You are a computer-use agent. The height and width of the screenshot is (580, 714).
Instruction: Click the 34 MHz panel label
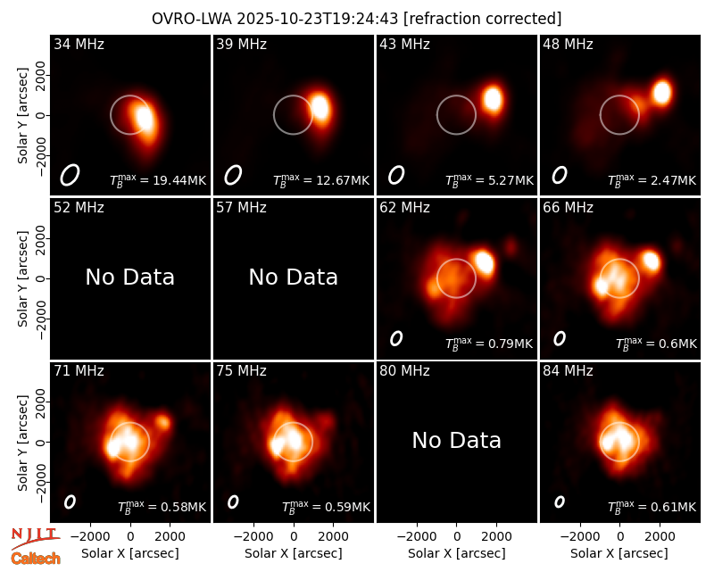coord(79,44)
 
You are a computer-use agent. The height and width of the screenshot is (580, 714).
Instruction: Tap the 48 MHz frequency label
coord(568,44)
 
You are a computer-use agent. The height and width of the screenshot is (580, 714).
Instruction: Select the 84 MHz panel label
coord(568,371)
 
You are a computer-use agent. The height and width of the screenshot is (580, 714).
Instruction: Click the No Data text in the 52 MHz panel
coord(129,277)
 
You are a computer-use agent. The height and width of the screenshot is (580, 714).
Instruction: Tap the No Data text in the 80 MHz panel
coord(456,440)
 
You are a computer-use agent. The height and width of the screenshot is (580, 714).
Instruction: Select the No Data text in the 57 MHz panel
coord(294,277)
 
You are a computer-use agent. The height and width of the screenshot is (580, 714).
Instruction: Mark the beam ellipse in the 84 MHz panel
coord(560,501)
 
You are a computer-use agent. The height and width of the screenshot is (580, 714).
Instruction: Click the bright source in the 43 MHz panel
coord(493,99)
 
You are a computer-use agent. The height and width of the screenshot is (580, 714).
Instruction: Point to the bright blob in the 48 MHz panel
coord(661,92)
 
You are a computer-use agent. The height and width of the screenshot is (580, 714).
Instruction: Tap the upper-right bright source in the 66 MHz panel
coord(652,261)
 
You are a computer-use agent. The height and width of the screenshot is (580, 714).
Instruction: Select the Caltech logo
coord(36,559)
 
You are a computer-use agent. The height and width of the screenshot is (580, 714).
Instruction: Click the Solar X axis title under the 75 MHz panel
coord(294,553)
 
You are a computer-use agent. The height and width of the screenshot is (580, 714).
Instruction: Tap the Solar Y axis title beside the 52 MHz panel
coord(23,278)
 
